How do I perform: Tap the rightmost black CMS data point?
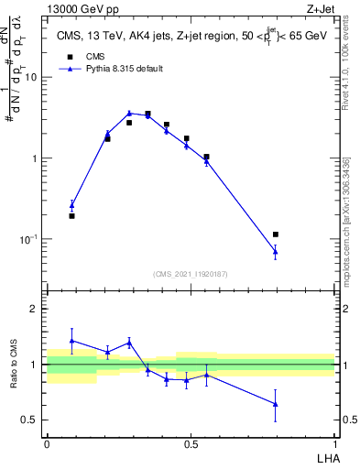[x=276, y=234]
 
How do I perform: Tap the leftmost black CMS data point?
[x=71, y=216]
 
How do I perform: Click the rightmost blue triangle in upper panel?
[x=275, y=251]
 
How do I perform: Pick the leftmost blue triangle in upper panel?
[x=71, y=206]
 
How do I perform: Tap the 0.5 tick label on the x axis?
[x=191, y=444]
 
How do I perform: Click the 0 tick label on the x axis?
[x=47, y=444]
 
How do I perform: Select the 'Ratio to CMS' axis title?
[x=15, y=365]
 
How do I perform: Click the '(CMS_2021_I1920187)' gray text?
[x=191, y=274]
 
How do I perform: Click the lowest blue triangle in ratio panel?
[x=275, y=404]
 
